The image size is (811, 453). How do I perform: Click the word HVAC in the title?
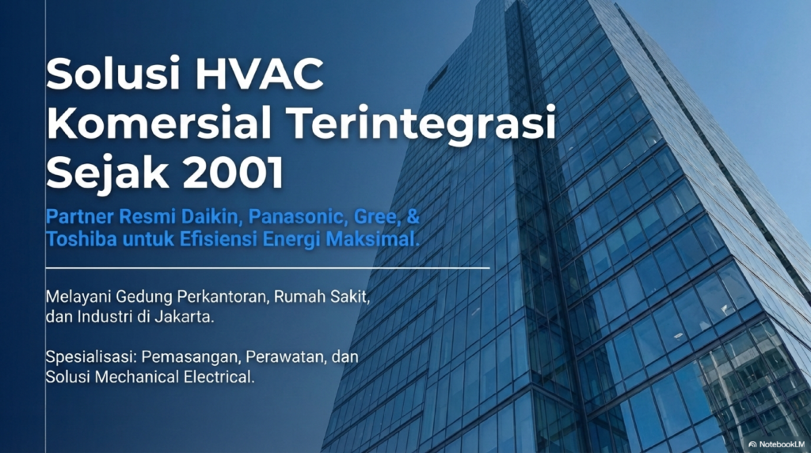[260, 74]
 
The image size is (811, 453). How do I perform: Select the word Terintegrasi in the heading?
[421, 125]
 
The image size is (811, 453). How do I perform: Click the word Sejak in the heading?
[108, 174]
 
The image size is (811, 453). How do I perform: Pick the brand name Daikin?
[211, 217]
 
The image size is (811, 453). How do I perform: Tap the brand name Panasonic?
[297, 217]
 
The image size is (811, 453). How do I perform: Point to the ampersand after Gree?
[413, 216]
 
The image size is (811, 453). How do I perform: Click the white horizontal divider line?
[268, 268]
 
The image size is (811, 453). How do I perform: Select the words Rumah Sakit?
[322, 297]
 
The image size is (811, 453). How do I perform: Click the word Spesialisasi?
[91, 357]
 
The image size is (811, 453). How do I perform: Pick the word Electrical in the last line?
[219, 377]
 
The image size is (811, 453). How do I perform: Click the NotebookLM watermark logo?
[752, 444]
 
